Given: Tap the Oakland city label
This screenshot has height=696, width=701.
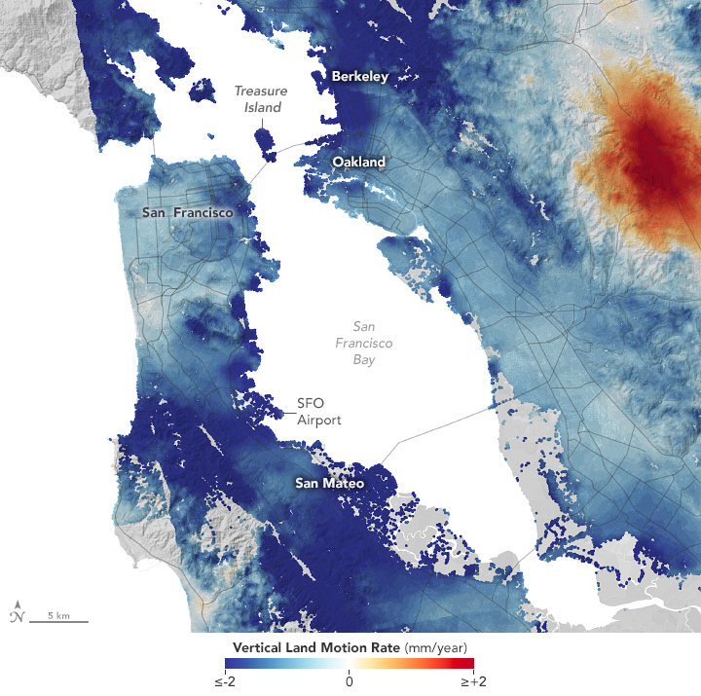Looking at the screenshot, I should coord(358,162).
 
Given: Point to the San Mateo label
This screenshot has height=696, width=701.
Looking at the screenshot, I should coord(330,483).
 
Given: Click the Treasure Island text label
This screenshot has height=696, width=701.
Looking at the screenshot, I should coord(259,98).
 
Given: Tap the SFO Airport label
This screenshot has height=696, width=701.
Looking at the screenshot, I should coord(319,411).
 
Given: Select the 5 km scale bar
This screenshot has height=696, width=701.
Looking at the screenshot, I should coord(58,619).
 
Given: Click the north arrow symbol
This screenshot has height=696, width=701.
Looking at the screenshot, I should coord(17,611).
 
